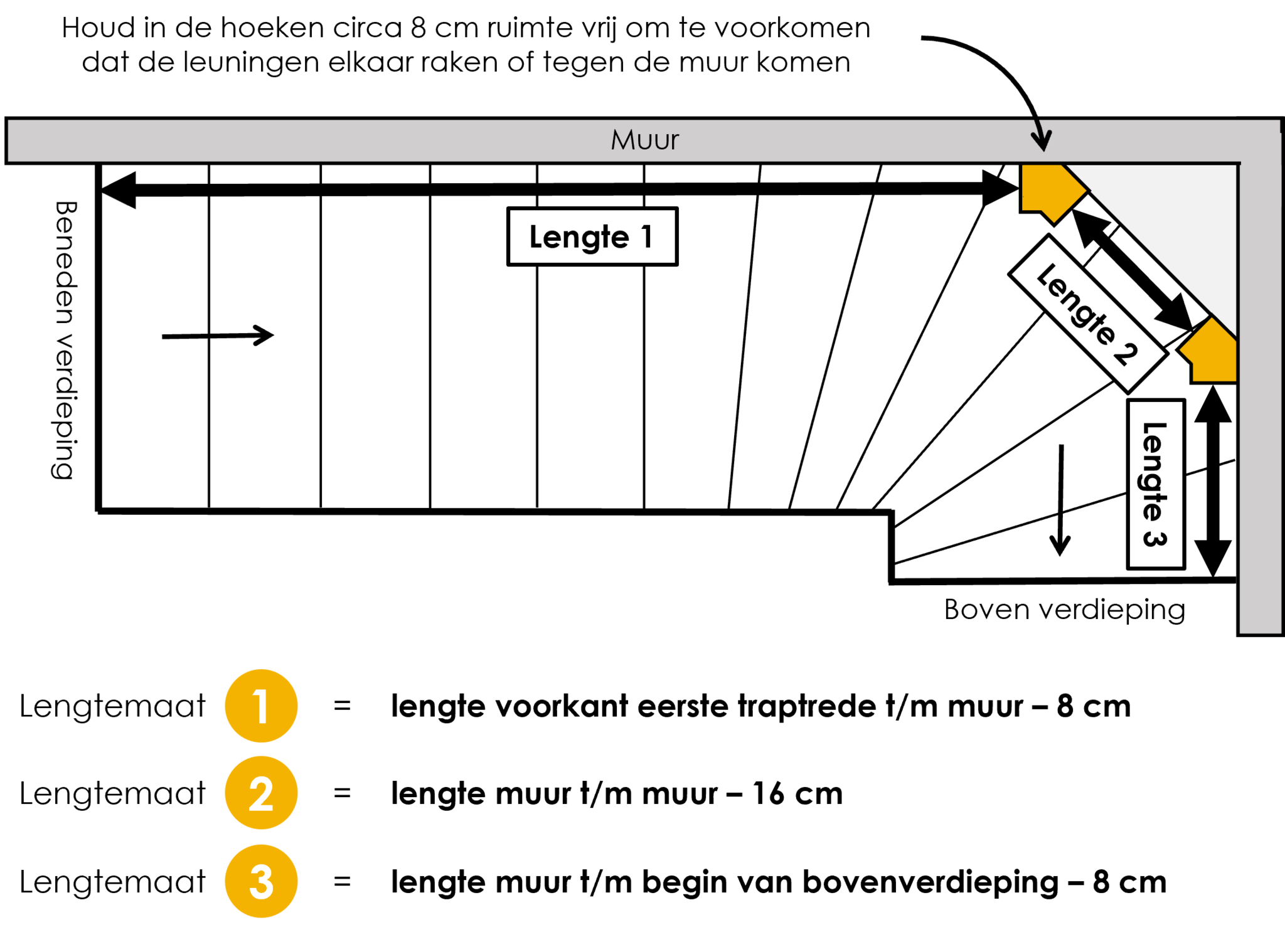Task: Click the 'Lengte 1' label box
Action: (x=592, y=236)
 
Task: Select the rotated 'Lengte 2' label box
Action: (x=1088, y=314)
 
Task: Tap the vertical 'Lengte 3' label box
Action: (x=1156, y=484)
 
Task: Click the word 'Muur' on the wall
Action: (x=645, y=140)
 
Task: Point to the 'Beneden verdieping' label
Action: (x=64, y=341)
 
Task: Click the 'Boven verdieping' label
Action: (x=1065, y=610)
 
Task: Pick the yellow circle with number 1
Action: (x=261, y=706)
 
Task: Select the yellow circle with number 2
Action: (x=261, y=793)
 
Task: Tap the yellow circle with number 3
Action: (x=261, y=881)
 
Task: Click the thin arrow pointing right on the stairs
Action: (x=218, y=336)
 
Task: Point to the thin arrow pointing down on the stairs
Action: (x=1060, y=500)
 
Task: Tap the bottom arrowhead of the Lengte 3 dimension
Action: (x=1213, y=558)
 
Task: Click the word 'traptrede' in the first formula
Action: (x=806, y=707)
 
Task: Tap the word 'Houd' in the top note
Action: (x=99, y=28)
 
